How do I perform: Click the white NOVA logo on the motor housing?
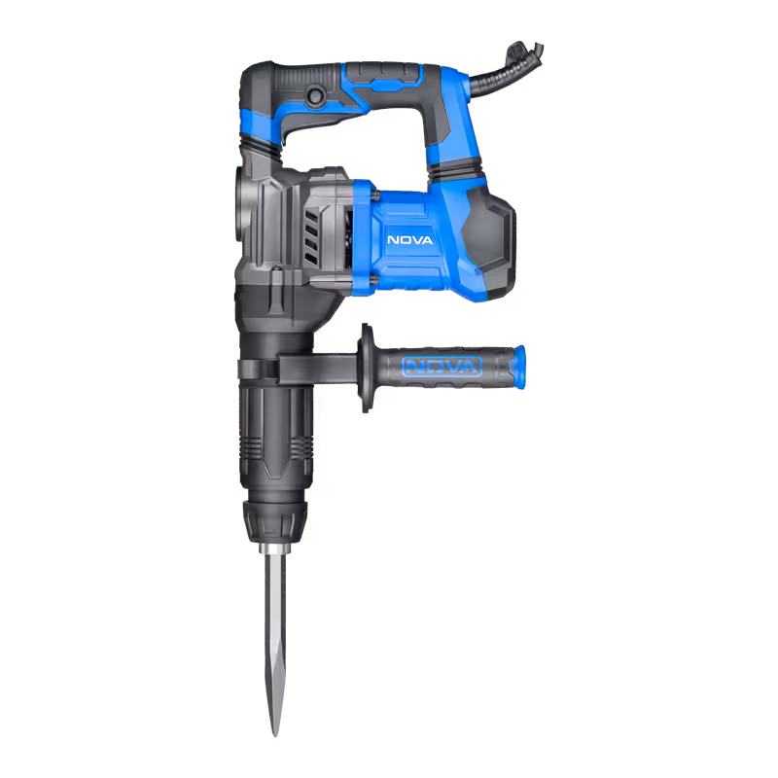point(409,240)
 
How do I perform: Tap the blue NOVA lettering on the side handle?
point(442,367)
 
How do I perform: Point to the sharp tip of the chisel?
point(274,733)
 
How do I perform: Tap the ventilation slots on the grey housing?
point(311,239)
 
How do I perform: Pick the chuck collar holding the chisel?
point(274,521)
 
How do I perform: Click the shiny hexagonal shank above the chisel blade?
point(274,548)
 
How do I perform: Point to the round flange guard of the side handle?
point(366,368)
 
